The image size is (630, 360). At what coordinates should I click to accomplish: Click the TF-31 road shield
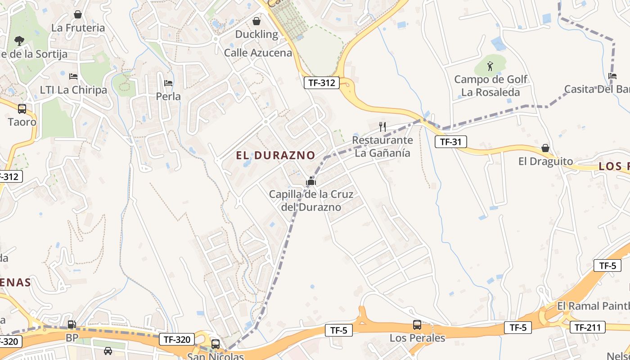450,142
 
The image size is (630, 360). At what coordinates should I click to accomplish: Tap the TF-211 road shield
587,327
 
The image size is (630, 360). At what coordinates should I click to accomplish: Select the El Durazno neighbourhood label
275,155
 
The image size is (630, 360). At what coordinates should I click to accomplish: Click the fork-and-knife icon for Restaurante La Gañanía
382,126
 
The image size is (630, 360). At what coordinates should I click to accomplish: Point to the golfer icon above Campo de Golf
490,67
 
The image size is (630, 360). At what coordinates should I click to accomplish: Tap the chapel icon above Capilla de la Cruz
310,182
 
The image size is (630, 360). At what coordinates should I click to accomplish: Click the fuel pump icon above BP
72,324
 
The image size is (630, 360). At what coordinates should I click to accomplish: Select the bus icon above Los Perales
417,325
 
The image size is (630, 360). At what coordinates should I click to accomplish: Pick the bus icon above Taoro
22,108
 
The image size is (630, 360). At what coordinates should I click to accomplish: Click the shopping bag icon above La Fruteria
78,14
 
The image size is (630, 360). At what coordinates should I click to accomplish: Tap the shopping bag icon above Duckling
256,21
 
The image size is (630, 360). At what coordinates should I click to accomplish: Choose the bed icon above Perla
168,83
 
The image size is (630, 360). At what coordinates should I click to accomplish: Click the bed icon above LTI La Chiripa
74,76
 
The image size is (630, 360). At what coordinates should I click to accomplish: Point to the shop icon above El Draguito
545,148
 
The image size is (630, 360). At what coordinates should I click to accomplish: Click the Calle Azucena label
258,53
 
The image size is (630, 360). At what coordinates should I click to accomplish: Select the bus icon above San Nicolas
216,344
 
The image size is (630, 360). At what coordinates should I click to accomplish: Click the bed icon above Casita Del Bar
612,76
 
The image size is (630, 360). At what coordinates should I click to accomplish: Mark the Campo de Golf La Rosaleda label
490,86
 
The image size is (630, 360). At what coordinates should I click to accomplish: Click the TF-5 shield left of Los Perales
338,330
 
